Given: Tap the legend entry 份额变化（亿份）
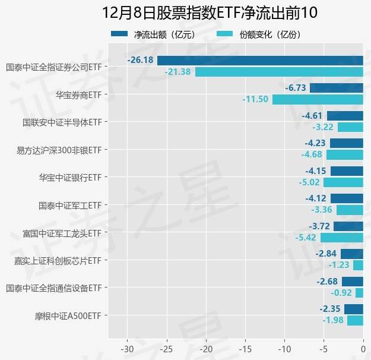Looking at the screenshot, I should tap(269, 34).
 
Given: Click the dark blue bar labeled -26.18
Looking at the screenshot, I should tap(260, 60).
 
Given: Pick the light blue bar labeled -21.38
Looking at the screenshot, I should tap(279, 72).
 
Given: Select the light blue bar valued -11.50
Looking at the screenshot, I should tap(318, 99).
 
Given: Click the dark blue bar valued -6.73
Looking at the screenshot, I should tap(336, 88).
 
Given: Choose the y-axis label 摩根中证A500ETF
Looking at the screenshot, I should tap(68, 315).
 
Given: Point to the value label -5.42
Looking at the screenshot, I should tap(307, 238).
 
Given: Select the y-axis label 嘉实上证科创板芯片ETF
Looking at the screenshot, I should tap(58, 260).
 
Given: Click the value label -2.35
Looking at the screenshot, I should tap(330, 309).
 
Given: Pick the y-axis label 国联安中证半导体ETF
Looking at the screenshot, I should tap(62, 122).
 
